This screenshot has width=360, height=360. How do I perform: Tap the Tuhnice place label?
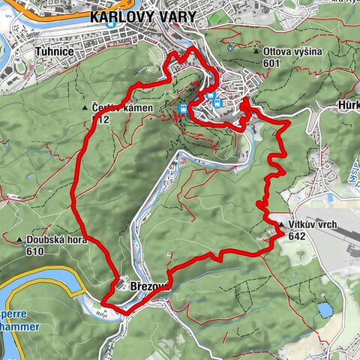click(x=55, y=52)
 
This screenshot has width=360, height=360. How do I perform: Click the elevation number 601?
click(x=272, y=64)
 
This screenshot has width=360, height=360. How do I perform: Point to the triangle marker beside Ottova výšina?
click(x=256, y=52)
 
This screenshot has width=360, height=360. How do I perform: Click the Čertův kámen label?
click(x=123, y=108)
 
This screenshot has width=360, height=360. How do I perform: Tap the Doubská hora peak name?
click(x=55, y=241)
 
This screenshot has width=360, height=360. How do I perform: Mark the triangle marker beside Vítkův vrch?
click(x=280, y=225)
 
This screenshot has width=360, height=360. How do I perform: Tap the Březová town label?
click(x=153, y=286)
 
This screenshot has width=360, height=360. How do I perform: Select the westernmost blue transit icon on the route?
click(x=183, y=109)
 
